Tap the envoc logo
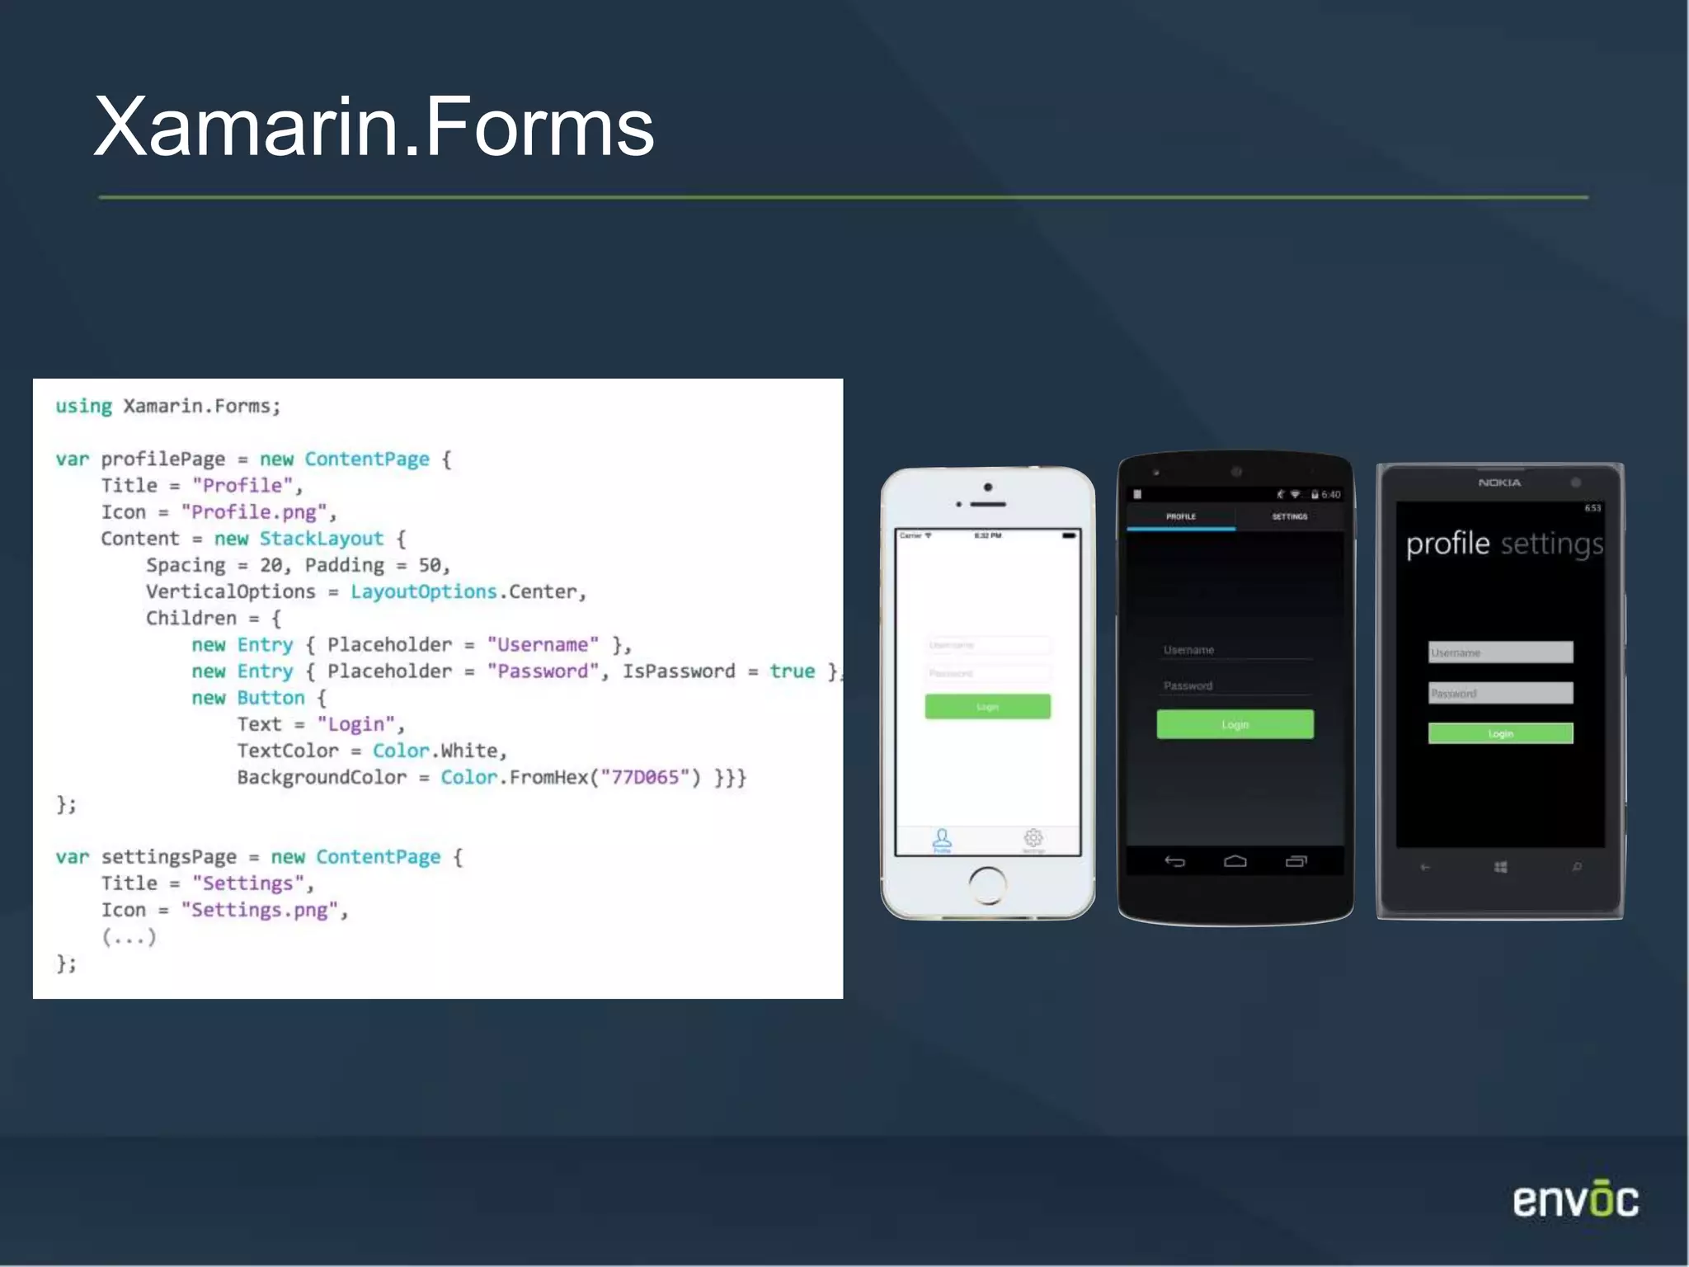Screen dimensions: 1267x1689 [1575, 1200]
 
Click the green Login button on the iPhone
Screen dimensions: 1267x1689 [987, 707]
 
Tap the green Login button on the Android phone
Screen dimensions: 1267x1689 [1235, 724]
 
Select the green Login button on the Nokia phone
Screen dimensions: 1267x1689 [1500, 733]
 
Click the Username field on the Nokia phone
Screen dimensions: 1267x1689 [1500, 652]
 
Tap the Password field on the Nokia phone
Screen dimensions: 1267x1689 [1500, 693]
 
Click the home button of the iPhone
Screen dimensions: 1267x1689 [987, 885]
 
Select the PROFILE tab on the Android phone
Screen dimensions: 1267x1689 [1180, 517]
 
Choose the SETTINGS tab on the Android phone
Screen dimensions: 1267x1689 [1289, 517]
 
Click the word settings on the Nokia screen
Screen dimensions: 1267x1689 [1551, 544]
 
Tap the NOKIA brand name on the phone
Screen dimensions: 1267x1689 [1499, 483]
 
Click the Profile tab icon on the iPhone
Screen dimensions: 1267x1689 [942, 840]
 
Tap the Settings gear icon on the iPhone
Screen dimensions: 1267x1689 [1033, 840]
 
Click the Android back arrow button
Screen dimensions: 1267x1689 [1174, 862]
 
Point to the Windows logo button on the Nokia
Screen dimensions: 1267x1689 [1500, 867]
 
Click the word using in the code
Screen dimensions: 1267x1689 [83, 406]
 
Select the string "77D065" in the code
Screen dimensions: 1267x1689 [645, 777]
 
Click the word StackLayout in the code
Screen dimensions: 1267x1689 [321, 539]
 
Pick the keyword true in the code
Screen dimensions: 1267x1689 [792, 671]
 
